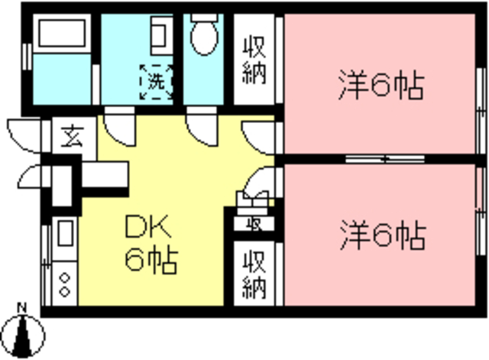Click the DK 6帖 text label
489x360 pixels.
click(x=151, y=245)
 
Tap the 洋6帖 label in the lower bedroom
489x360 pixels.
click(x=381, y=235)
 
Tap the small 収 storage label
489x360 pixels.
click(x=254, y=224)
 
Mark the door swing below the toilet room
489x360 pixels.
click(x=200, y=126)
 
